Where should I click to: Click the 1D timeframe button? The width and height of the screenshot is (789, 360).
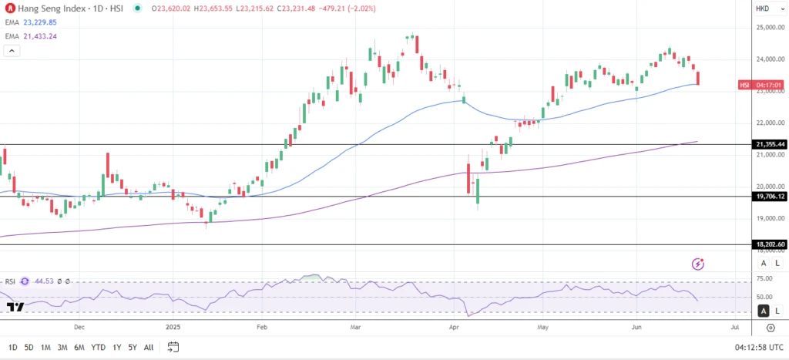[12, 347]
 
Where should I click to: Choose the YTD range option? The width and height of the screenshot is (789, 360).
[98, 347]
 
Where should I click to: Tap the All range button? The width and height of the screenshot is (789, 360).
[149, 347]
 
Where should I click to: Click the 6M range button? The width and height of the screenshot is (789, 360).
[79, 347]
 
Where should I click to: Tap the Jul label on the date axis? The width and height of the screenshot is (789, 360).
[734, 327]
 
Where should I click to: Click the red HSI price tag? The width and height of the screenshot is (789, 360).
[744, 85]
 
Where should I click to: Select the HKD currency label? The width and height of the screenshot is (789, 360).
[762, 8]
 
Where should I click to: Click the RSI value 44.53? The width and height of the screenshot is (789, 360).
[44, 281]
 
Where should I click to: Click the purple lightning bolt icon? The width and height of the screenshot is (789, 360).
[698, 264]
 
